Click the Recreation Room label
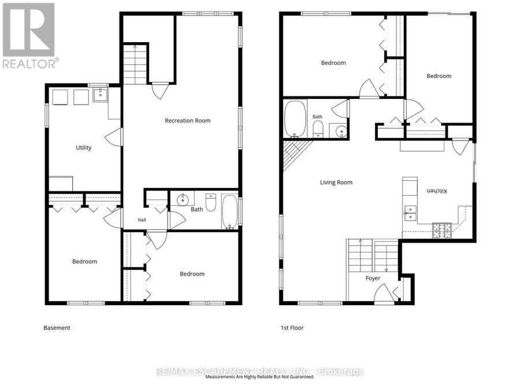coord(188,121)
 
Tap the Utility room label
coord(84,148)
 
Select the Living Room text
coord(336,183)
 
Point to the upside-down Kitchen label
coord(437,191)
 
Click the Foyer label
coord(373,278)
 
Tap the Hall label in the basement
coord(142,220)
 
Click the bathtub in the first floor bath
coord(295,119)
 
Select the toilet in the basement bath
coord(211,202)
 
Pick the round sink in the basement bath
coord(183,200)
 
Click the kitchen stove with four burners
coord(442,231)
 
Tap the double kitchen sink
coord(410,213)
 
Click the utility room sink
coord(100,95)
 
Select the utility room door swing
coord(113,137)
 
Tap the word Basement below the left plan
coord(57,328)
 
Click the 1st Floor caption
coord(292,328)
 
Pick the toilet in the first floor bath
coord(318,129)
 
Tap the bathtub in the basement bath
coord(229,212)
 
